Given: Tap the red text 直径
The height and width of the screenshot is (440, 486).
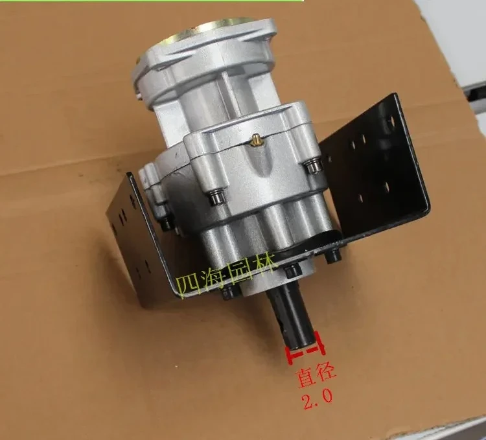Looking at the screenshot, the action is pos(316,376).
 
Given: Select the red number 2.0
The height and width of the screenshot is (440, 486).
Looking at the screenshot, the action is pos(317,397).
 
